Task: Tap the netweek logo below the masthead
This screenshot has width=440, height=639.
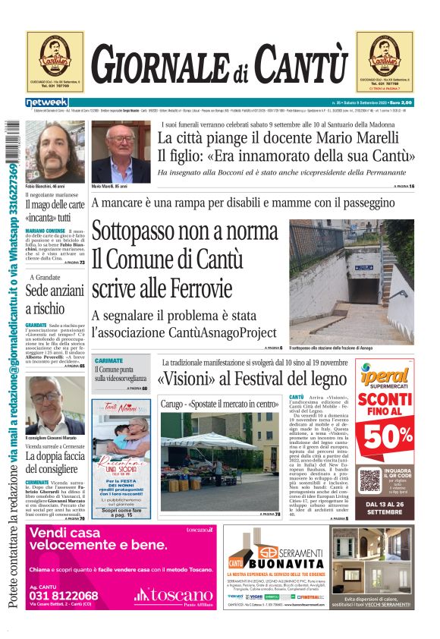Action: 47,102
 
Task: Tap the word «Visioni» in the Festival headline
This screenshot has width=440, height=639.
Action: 186,379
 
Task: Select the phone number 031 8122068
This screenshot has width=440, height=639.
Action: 64,596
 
